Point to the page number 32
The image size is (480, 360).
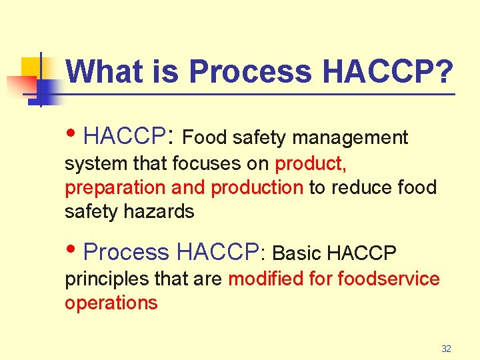(446, 349)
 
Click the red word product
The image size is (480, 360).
(310, 163)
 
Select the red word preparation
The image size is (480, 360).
(115, 188)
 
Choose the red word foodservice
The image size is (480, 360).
(389, 278)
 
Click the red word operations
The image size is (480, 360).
(111, 303)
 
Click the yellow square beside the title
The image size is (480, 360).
(31, 68)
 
